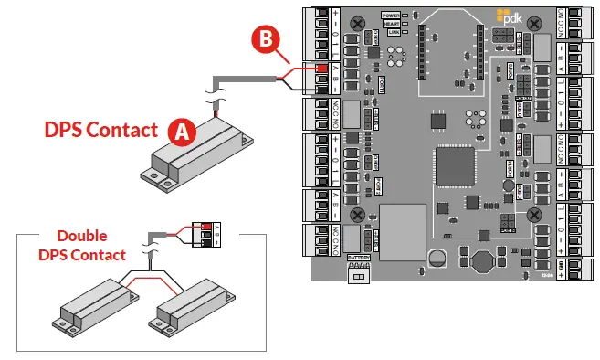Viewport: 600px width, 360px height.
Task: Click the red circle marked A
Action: click(182, 131)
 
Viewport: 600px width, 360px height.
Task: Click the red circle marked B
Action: click(265, 38)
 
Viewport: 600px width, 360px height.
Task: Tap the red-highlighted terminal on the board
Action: click(321, 69)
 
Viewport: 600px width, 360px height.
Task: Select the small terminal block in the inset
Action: click(208, 234)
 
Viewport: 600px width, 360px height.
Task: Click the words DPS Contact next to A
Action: click(101, 130)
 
